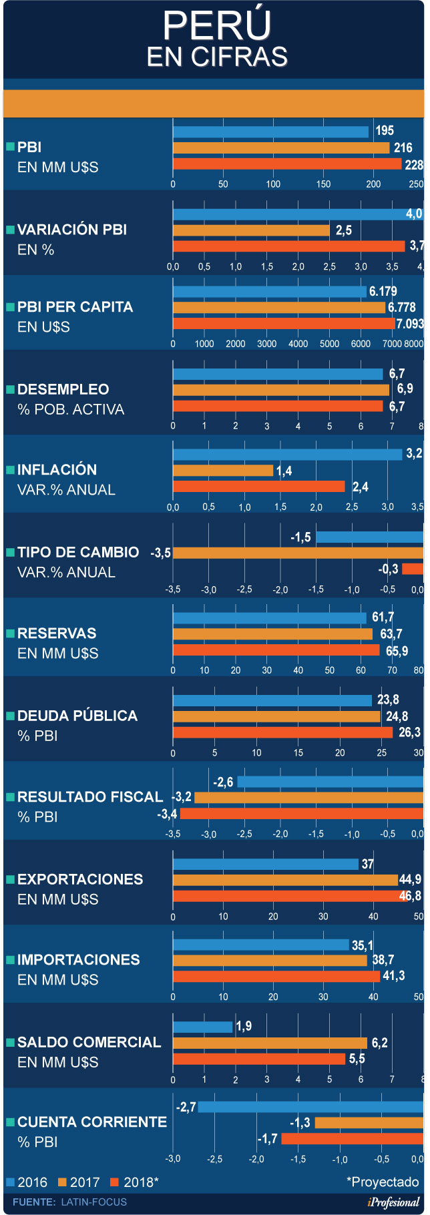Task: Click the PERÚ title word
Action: pos(216,25)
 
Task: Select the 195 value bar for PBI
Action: pos(270,132)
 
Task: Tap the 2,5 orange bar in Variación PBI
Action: pos(251,230)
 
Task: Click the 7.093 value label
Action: pos(410,324)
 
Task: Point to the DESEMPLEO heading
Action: pos(63,389)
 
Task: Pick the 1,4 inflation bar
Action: pos(223,471)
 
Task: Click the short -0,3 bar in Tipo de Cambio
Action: pos(413,569)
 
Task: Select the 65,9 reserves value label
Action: pos(397,651)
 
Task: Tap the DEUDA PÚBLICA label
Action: pos(77,716)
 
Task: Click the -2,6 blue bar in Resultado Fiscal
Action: pos(330,782)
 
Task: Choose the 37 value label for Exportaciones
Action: pos(368,865)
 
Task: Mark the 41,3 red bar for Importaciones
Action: pos(276,977)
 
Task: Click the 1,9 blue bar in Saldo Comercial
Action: pos(202,1027)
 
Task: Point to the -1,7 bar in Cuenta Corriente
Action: pos(352,1138)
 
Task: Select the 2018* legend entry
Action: pos(135,1182)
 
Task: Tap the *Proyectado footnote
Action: pos(383,1182)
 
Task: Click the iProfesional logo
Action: pos(394,1202)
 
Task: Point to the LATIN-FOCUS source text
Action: pos(93,1202)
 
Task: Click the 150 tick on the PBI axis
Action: pos(323,184)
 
